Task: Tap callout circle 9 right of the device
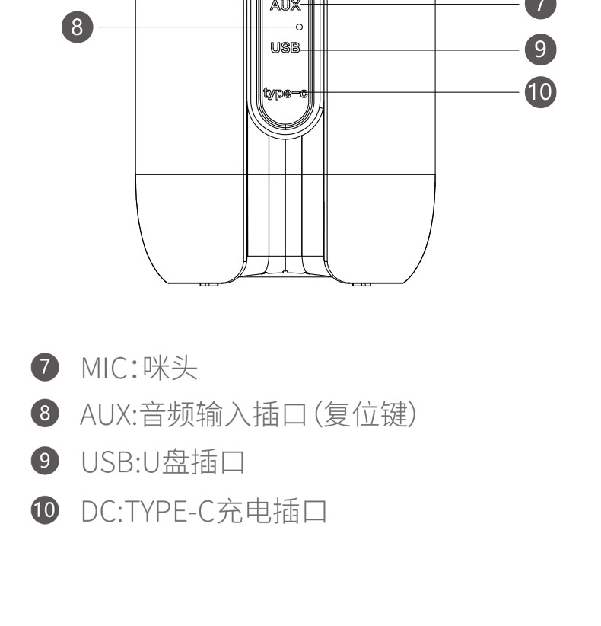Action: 540,50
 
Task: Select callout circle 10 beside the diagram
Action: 540,92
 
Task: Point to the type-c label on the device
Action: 285,93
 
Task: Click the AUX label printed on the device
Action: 285,5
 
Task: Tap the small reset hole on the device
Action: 299,27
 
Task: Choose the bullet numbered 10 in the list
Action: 48,511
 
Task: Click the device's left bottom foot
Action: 209,284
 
